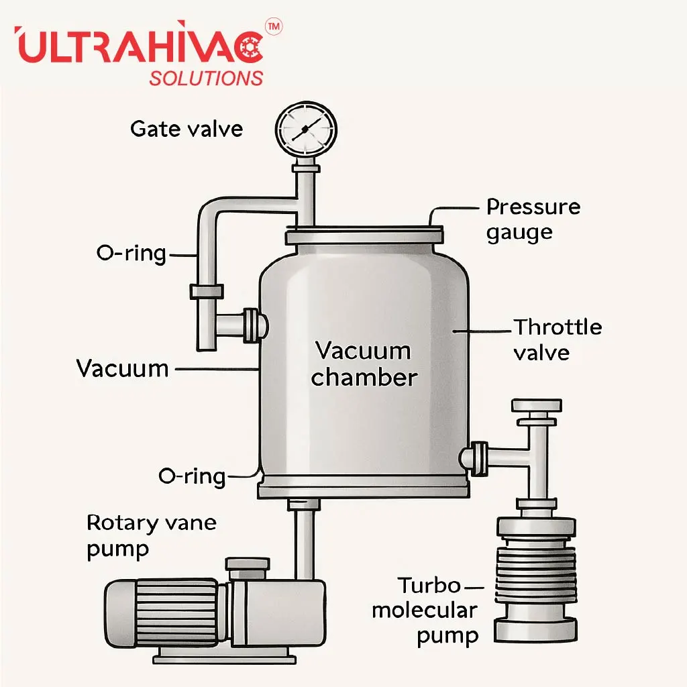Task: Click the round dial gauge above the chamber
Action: coord(307,127)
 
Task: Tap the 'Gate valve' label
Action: coord(187,128)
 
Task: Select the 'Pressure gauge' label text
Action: coord(533,219)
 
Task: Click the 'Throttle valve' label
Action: coord(558,339)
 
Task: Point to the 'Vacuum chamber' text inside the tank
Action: coord(364,364)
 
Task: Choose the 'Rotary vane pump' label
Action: coord(151,535)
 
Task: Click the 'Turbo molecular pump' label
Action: coord(426,611)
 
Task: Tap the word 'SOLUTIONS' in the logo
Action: coord(206,78)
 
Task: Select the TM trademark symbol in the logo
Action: coord(274,26)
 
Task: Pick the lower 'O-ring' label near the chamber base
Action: coord(192,476)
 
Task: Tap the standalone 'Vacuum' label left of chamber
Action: coord(122,368)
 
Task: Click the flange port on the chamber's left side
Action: coord(254,324)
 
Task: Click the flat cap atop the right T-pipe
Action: coord(536,405)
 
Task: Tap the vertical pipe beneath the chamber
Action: coord(304,537)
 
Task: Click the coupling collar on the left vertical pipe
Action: coord(207,291)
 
